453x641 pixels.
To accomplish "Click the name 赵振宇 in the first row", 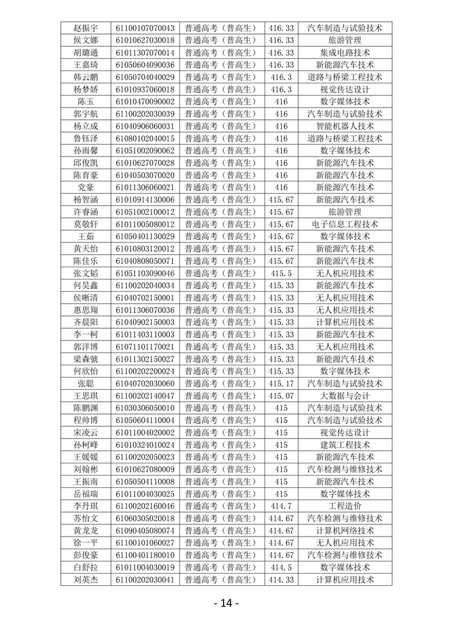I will [86, 28].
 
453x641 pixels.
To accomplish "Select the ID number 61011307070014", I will [145, 53].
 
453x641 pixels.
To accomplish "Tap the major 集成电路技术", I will [345, 53].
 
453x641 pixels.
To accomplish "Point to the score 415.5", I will [281, 273].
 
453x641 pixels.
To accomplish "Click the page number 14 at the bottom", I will [226, 603].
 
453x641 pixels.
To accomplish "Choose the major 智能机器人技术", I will [345, 126].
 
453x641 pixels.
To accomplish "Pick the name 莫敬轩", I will [86, 224].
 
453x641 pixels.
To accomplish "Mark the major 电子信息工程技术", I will [345, 224].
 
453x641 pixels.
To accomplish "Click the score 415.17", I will [281, 383].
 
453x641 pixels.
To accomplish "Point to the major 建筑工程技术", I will [345, 445].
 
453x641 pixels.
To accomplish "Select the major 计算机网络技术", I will [345, 531].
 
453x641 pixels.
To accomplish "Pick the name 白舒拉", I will [86, 567].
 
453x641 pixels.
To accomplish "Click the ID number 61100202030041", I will [145, 579].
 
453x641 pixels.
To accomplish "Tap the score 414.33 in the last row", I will [281, 579].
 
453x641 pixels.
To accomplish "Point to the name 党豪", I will [86, 187].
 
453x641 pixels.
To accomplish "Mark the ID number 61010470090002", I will [145, 101].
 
